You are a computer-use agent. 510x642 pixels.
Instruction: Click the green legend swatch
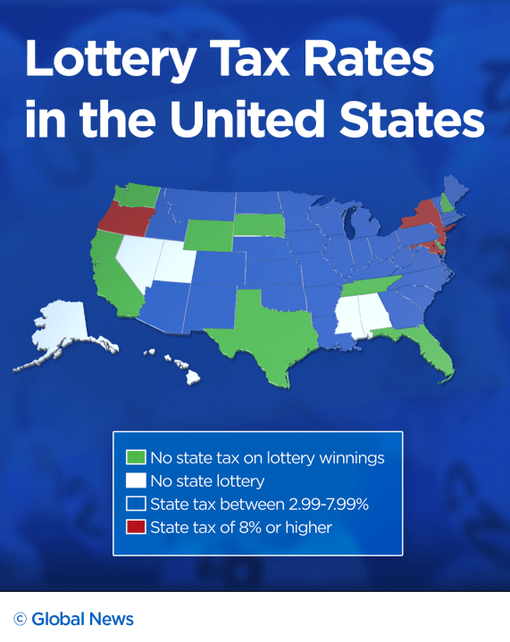135,458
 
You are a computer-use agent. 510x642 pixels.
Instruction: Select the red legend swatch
135,527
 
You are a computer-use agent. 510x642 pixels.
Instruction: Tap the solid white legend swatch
135,481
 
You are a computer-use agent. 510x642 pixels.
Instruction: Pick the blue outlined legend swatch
135,504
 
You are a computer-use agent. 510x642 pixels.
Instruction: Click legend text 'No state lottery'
207,481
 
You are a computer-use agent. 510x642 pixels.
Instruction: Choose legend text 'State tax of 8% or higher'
241,527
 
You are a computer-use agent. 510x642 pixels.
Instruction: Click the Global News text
82,618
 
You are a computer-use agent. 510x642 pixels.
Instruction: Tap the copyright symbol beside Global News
20,619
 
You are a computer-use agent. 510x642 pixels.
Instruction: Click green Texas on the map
268,330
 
